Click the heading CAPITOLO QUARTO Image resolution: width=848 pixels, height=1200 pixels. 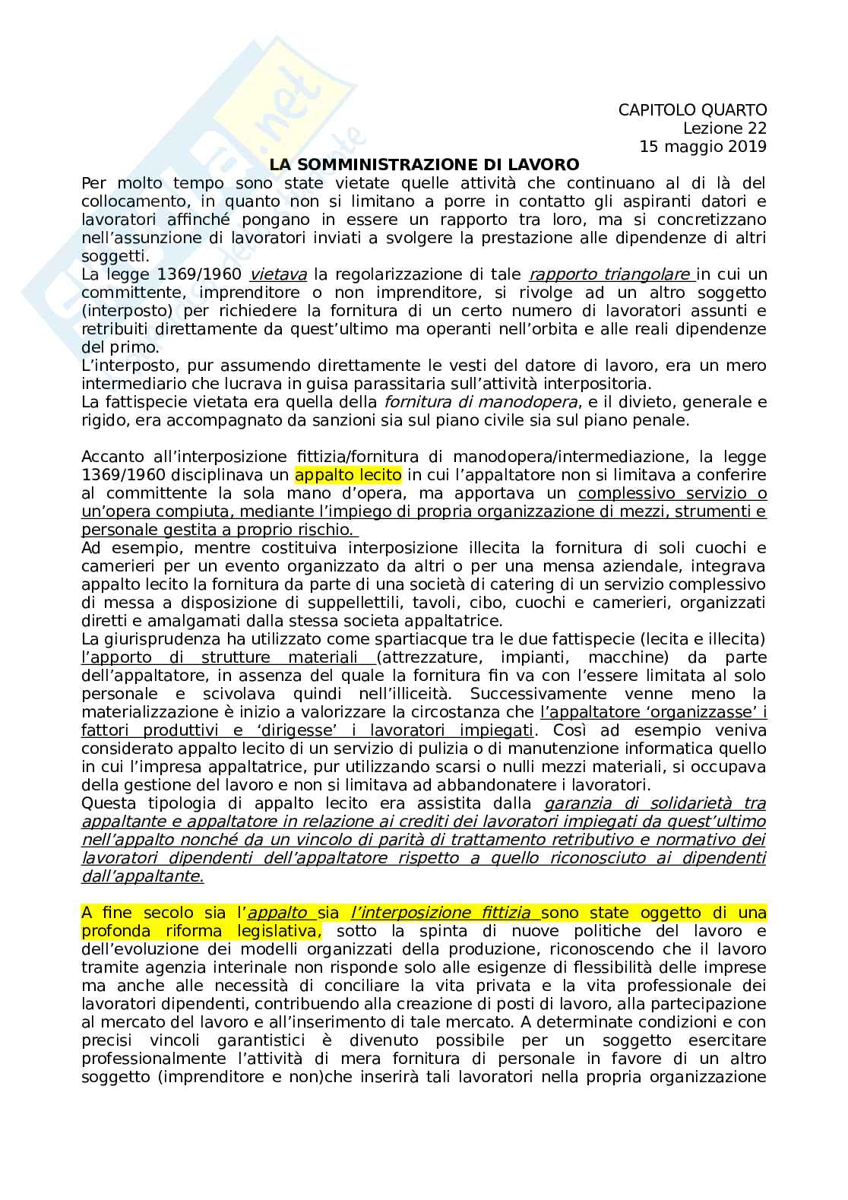click(x=692, y=110)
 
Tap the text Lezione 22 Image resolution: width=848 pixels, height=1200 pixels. click(x=724, y=128)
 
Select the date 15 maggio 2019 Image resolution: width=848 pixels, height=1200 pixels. click(x=703, y=147)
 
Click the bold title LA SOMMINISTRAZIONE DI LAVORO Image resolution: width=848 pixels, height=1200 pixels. click(x=425, y=165)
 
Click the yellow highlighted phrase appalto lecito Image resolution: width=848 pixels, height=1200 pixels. click(x=348, y=475)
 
